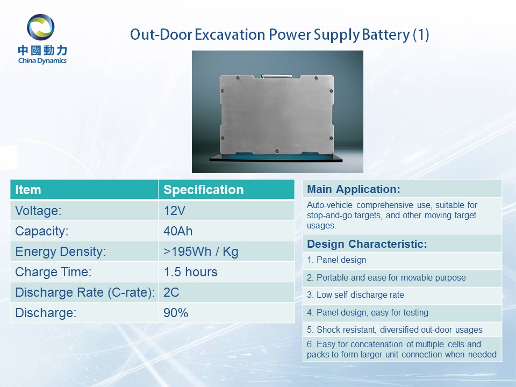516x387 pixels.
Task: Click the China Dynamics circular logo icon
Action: click(40, 27)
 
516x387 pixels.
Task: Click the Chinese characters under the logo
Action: click(43, 51)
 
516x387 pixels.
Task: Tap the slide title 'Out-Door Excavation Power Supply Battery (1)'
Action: click(279, 35)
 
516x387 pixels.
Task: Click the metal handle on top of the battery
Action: click(276, 76)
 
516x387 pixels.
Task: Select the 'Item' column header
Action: click(28, 190)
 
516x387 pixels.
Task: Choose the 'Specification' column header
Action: click(203, 190)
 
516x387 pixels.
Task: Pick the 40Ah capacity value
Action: click(178, 231)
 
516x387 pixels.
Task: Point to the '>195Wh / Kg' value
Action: click(200, 252)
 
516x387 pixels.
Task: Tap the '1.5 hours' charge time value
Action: click(190, 272)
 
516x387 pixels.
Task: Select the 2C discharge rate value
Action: click(171, 292)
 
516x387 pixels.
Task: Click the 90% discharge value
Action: click(176, 313)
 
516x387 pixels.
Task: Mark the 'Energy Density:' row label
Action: click(61, 252)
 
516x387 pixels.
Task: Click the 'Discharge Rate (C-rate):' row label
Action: click(85, 292)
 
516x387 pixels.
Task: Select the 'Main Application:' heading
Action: click(354, 189)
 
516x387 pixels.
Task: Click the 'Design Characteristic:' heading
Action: click(367, 244)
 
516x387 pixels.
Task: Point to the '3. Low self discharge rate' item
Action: click(355, 295)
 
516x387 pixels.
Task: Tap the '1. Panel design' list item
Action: click(336, 260)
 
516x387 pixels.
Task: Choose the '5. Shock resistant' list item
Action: click(395, 329)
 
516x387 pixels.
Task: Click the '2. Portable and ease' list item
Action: click(386, 277)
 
